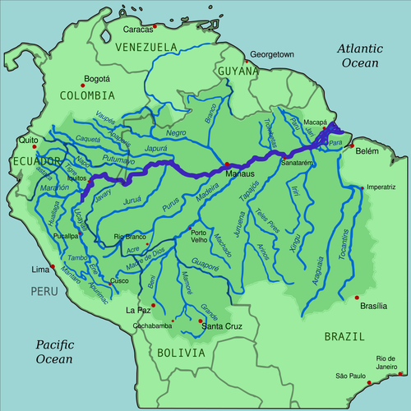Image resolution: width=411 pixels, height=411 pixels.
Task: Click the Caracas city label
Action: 138,30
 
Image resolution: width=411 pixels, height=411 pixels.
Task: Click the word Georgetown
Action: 271,53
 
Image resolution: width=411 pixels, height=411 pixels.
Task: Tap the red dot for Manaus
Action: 227,166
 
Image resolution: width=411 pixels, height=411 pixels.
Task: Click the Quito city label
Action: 30,140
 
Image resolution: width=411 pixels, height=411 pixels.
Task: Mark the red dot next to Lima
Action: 52,267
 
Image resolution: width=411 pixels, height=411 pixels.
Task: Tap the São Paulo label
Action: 351,376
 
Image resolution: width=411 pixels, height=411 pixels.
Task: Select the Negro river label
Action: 175,133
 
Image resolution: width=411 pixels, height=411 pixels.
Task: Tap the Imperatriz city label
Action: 382,187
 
